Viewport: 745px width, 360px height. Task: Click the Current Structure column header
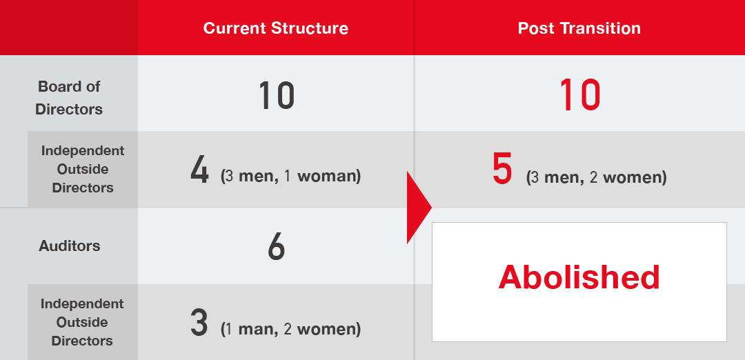point(275,28)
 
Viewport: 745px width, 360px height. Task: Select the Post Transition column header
point(579,28)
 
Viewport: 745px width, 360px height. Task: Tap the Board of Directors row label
point(69,98)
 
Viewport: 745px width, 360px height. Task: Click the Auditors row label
point(70,246)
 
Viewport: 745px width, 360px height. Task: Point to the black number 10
point(277,95)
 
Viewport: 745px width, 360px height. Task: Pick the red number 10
point(579,94)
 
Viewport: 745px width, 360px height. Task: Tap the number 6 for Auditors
point(276,246)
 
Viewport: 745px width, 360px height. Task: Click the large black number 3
point(199,323)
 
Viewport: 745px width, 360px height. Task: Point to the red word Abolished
point(579,277)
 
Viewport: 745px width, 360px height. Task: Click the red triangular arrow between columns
point(418,208)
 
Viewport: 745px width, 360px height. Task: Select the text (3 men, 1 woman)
point(291,177)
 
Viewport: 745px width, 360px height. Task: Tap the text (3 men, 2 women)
point(596,178)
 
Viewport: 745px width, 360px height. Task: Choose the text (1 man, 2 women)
point(291,329)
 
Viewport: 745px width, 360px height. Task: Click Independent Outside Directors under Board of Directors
point(83,169)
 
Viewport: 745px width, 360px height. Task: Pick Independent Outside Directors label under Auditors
point(82,322)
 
